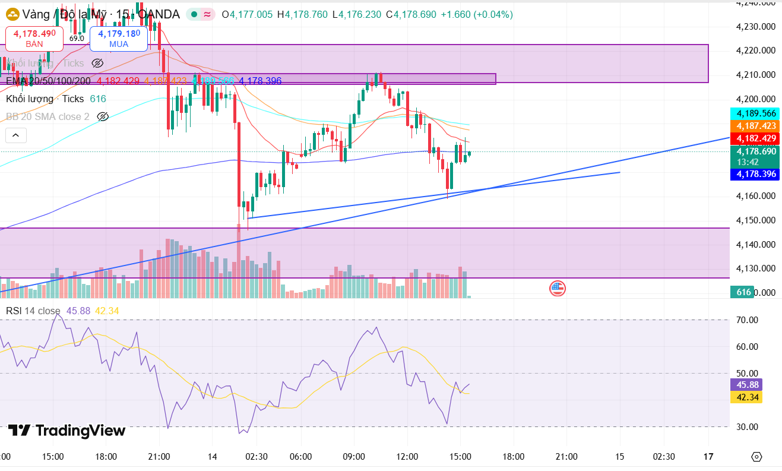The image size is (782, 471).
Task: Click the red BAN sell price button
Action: tap(34, 38)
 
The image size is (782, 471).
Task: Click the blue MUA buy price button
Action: tap(119, 38)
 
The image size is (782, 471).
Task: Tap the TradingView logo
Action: tap(67, 431)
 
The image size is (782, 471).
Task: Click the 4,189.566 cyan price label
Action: tap(756, 113)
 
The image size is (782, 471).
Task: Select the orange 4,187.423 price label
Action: tap(756, 126)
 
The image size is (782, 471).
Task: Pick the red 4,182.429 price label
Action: tap(756, 138)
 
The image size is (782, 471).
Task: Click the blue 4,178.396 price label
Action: tap(756, 174)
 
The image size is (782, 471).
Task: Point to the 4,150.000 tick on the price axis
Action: tap(756, 220)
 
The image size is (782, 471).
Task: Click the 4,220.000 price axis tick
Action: tap(756, 50)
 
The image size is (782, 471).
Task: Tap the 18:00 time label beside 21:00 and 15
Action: tap(513, 457)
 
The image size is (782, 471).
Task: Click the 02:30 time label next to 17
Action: tap(664, 457)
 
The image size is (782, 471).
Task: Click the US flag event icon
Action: tap(558, 289)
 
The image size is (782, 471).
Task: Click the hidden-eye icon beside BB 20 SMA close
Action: tap(103, 116)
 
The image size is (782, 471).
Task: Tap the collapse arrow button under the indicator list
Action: tap(15, 136)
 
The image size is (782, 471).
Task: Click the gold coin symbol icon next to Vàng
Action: tap(12, 14)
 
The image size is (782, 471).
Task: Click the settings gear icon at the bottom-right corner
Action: tap(756, 457)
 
